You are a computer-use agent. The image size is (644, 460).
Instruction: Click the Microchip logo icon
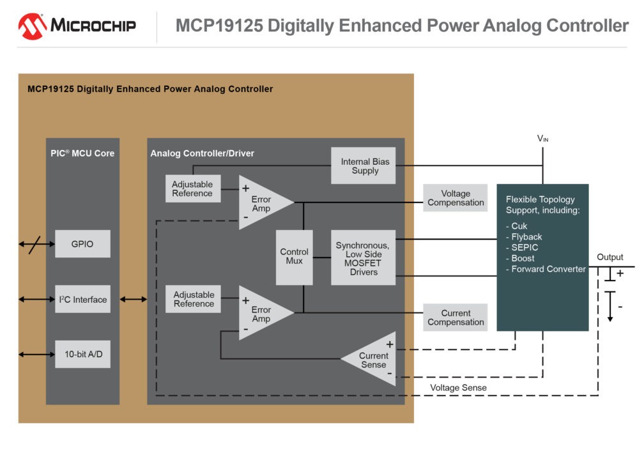[x=31, y=26]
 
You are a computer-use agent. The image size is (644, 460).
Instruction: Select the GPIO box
[x=82, y=244]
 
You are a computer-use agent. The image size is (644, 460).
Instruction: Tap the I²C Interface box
[x=82, y=299]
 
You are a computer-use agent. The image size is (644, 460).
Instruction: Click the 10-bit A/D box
[x=82, y=354]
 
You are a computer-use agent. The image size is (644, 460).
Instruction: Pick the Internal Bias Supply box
[x=363, y=166]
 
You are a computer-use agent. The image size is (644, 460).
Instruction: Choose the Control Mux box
[x=294, y=257]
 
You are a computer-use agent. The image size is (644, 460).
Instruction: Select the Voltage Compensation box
[x=455, y=198]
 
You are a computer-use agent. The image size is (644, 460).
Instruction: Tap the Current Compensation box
[x=455, y=318]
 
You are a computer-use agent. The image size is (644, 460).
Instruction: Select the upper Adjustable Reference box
[x=193, y=188]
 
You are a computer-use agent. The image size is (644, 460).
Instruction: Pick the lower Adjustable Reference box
[x=193, y=299]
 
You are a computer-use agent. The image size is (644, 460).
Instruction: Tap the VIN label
[x=542, y=138]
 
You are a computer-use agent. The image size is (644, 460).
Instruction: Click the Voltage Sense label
[x=457, y=388]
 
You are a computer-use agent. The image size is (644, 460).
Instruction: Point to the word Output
[x=609, y=257]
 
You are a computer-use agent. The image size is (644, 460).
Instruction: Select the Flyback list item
[x=527, y=237]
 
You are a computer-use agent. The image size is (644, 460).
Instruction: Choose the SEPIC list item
[x=525, y=247]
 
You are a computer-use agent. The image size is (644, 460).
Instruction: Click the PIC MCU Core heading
[x=82, y=153]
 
